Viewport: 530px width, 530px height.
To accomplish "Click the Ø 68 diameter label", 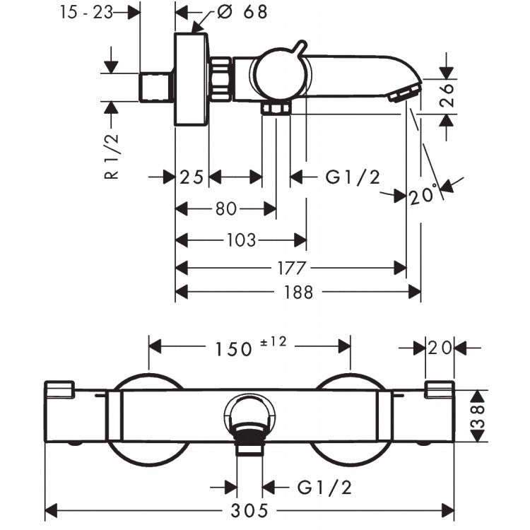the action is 242,12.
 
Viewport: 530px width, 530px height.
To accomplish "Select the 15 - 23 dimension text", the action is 86,13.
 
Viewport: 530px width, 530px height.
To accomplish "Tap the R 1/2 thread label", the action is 112,156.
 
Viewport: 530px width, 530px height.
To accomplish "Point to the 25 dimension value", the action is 192,177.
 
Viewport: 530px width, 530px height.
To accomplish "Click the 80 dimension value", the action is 226,209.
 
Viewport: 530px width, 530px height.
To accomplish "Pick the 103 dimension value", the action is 242,240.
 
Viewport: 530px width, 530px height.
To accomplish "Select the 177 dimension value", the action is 292,269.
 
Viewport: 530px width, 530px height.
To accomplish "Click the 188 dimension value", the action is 299,293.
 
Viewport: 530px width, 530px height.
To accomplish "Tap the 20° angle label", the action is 422,195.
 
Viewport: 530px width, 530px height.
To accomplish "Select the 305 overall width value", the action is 249,510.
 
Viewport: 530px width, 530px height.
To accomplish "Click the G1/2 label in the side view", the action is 353,177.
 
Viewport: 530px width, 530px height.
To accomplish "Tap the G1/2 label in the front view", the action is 324,488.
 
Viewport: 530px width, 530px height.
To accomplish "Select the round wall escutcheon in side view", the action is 192,80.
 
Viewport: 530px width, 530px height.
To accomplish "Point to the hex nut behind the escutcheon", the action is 221,79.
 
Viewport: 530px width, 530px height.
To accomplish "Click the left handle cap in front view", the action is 59,389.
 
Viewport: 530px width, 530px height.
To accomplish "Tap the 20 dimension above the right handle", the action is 440,348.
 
